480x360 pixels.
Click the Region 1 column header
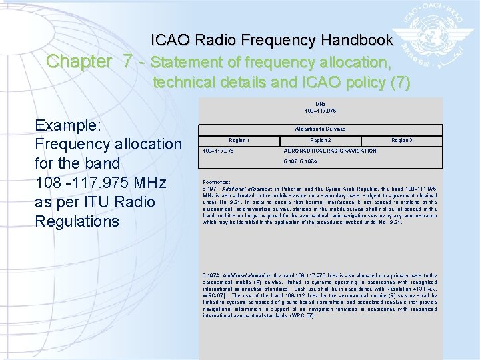pos(239,141)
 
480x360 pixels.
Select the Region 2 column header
pos(320,141)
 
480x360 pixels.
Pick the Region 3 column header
pos(401,141)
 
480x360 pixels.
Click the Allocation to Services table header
pos(320,129)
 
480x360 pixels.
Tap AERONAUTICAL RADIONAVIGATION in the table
pos(320,151)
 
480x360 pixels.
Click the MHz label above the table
pos(320,104)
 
